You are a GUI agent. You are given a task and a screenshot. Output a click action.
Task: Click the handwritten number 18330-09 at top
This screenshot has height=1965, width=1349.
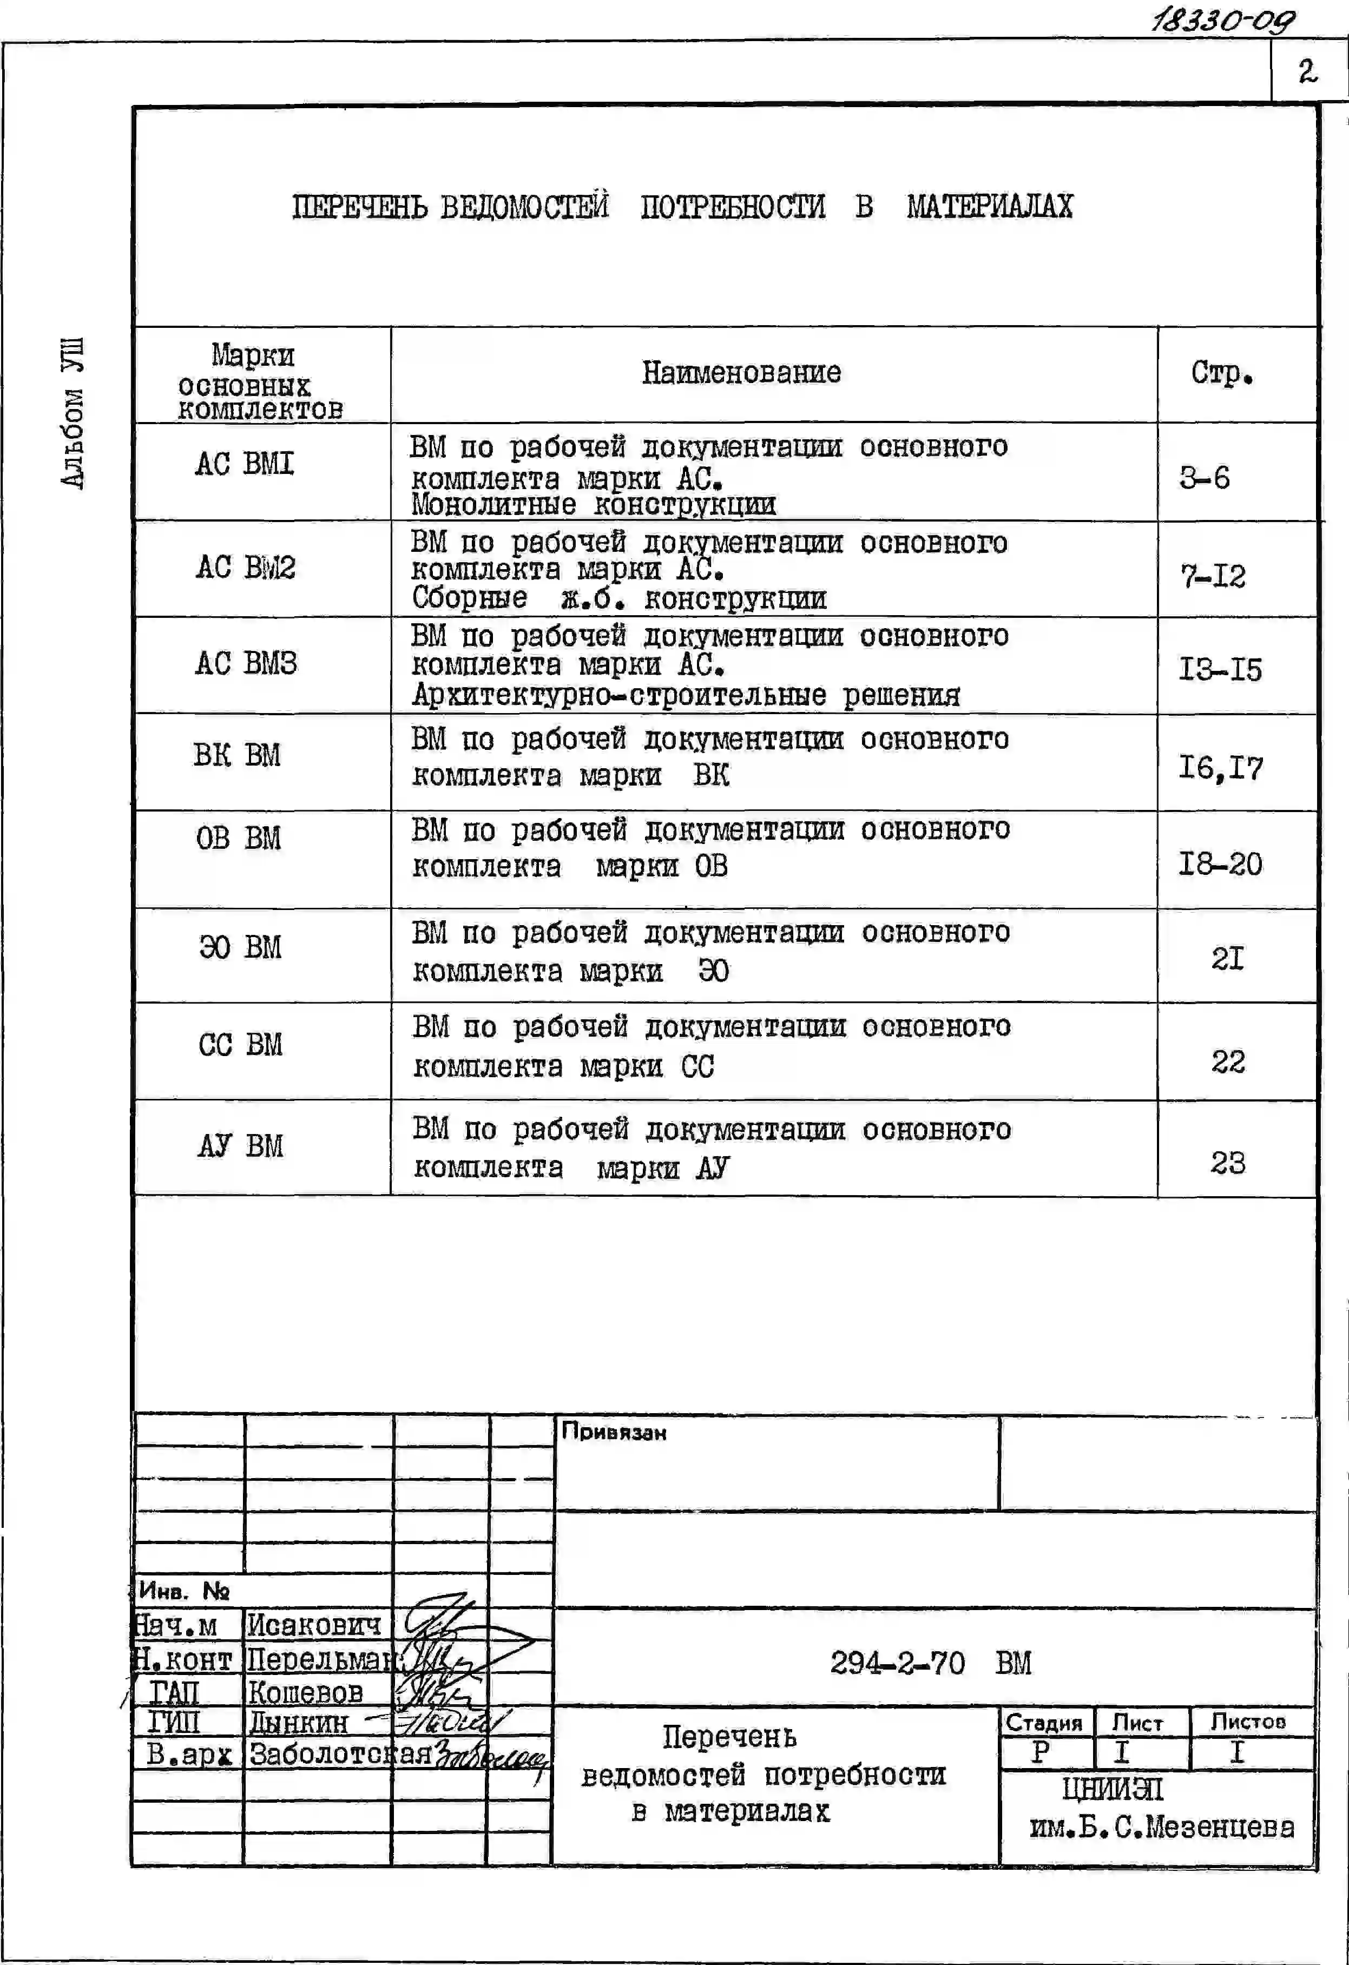click(1222, 18)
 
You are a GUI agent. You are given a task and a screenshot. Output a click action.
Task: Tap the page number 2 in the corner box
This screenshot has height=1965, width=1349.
click(1307, 72)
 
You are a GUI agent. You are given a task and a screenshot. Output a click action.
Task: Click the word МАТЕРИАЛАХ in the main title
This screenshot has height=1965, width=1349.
click(990, 206)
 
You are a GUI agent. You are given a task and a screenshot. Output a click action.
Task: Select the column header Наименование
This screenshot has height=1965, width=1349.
click(741, 373)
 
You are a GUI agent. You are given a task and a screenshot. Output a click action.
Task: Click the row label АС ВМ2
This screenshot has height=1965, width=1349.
click(245, 568)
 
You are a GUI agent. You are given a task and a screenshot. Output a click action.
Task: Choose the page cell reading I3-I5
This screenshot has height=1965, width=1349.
click(1220, 670)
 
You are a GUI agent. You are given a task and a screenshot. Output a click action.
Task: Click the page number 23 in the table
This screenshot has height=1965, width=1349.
click(1227, 1163)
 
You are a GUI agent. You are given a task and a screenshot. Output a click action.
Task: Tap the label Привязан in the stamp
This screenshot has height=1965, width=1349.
click(614, 1432)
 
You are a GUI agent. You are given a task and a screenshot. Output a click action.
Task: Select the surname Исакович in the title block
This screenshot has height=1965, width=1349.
click(314, 1625)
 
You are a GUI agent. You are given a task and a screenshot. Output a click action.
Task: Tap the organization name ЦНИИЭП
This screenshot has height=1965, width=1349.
click(1112, 1790)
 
